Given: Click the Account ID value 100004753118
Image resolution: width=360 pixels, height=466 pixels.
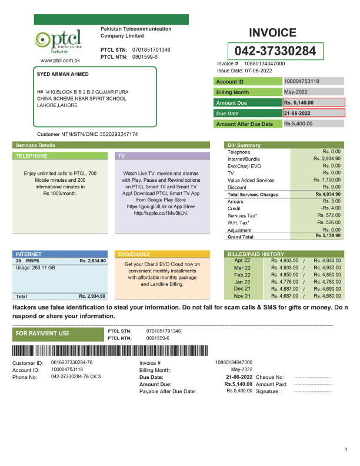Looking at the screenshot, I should (x=302, y=81).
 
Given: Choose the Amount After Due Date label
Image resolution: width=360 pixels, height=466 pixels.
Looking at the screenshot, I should (x=245, y=124).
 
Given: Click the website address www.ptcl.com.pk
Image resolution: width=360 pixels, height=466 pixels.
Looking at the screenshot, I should (x=60, y=61).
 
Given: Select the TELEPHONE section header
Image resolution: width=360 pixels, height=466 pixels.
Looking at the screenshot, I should (x=32, y=156).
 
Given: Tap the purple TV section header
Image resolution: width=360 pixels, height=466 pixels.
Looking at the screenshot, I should (x=122, y=156).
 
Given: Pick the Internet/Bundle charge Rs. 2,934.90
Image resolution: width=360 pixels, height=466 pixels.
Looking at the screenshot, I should (x=328, y=159).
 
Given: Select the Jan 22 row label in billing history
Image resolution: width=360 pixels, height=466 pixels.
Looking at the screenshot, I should (x=242, y=282).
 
